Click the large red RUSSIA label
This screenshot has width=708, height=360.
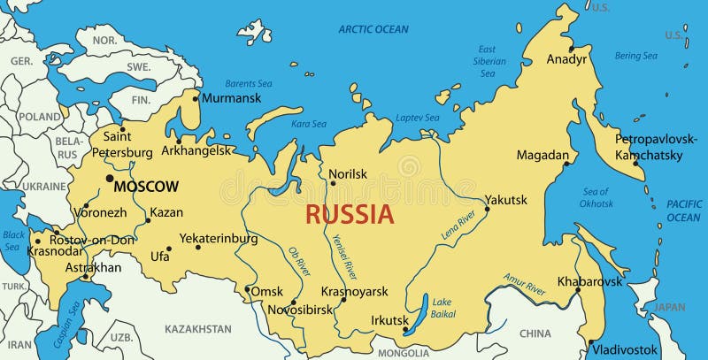coord(350,214)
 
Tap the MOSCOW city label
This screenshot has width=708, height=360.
coord(147,187)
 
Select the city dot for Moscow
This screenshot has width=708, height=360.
coord(110,179)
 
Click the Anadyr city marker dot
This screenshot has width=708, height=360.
coord(572,49)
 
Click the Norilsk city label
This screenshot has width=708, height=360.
coord(348,174)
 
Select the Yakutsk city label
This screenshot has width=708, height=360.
coord(506,199)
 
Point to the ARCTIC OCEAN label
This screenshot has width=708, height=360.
coord(373,29)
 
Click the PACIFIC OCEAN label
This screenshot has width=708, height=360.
coord(683,211)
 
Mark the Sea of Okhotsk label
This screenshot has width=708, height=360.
coord(596,197)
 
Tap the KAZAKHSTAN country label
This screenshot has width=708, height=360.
coord(198,329)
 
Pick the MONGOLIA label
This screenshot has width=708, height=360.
coord(403,353)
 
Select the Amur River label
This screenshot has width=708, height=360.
coord(524,283)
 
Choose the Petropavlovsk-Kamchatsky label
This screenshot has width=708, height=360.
coord(657,147)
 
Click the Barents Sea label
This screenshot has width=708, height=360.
coord(248,83)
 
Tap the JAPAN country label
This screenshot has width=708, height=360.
coord(670,307)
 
